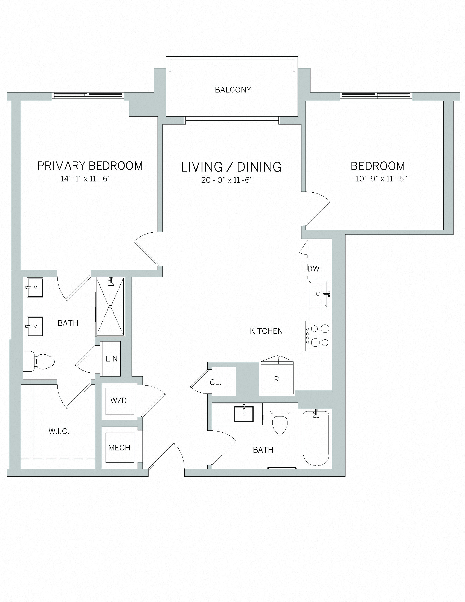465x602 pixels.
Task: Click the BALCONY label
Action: (x=233, y=90)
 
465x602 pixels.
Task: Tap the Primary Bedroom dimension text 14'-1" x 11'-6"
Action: (x=86, y=179)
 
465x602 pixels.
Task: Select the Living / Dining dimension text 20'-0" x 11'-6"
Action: (x=227, y=180)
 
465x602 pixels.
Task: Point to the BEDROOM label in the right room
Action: (x=378, y=166)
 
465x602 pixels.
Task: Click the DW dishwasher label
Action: (x=313, y=269)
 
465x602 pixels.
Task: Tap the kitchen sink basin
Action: (x=318, y=294)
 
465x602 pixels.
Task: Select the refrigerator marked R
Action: (x=277, y=379)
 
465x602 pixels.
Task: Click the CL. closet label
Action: (x=216, y=382)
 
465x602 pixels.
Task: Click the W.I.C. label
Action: (x=59, y=431)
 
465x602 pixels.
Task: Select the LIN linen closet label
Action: (x=112, y=359)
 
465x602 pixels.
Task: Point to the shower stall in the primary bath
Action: (x=110, y=306)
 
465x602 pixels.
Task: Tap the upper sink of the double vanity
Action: (x=35, y=288)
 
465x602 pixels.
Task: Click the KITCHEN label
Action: (x=266, y=331)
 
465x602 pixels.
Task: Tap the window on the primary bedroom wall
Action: (x=88, y=96)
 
